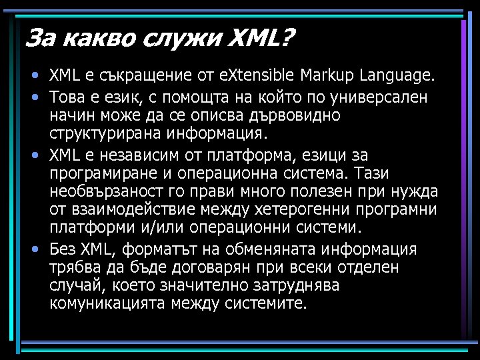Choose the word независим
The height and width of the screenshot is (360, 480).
point(137,156)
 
